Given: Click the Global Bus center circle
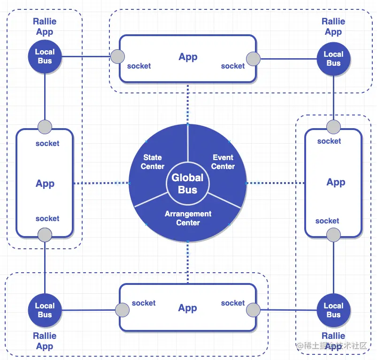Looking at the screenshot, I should click(188, 184).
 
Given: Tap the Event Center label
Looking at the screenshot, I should click(223, 162).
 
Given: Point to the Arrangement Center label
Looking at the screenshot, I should click(188, 218).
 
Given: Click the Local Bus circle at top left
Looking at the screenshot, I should click(45, 56).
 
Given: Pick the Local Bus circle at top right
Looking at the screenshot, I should click(333, 59).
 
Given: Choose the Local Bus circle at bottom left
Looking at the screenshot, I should click(45, 310).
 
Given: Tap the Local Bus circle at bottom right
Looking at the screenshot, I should click(333, 310).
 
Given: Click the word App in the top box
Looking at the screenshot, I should click(188, 57).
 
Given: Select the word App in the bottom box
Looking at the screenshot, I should click(187, 308).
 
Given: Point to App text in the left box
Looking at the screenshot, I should click(45, 184).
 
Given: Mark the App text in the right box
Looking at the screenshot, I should click(336, 182).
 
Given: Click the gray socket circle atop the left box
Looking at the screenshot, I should click(45, 127).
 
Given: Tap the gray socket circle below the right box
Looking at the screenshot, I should click(333, 235).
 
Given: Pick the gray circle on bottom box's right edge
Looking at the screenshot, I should click(253, 310).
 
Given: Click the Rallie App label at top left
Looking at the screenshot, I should click(45, 27).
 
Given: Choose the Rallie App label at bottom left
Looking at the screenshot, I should click(45, 341).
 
